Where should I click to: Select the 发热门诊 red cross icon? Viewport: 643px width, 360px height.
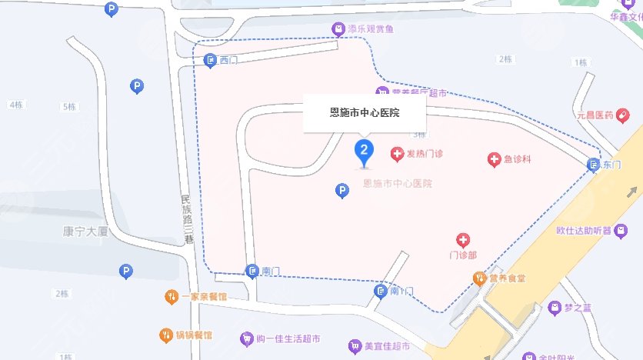[397, 155]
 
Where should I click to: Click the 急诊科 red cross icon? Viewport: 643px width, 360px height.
[495, 160]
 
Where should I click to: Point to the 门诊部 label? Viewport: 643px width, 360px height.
[463, 255]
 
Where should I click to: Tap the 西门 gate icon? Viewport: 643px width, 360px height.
[210, 60]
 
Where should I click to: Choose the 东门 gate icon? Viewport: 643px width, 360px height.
[593, 165]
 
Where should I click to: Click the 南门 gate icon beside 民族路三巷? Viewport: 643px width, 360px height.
[252, 271]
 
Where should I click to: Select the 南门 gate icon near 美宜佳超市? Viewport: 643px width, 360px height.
[381, 291]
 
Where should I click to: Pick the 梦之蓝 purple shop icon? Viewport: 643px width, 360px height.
[554, 307]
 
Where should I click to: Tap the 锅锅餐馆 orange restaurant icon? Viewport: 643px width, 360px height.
[165, 335]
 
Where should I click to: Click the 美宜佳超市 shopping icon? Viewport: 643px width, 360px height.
[355, 347]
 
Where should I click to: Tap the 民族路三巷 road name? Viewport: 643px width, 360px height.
[186, 219]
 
